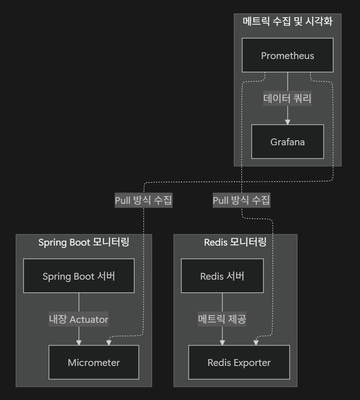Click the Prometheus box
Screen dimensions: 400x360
(287, 55)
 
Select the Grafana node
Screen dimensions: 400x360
(287, 142)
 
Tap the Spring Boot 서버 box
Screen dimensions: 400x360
(79, 276)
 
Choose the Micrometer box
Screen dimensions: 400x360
(94, 362)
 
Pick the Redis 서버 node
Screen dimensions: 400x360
(222, 276)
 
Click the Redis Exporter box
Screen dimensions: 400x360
(239, 362)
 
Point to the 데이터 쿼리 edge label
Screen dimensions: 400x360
(287, 98)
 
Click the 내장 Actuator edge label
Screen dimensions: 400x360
(79, 319)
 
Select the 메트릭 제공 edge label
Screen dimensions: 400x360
(222, 319)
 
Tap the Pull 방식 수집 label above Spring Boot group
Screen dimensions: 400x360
(144, 200)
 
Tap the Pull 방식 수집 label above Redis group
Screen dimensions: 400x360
(241, 200)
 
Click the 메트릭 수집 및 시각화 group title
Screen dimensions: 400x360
(287, 21)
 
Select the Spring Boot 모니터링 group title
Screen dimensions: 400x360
(84, 242)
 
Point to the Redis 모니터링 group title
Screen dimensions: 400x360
(235, 242)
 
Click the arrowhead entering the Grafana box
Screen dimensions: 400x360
(287, 122)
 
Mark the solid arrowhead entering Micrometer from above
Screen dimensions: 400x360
(79, 342)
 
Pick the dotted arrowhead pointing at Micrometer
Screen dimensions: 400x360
(108, 341)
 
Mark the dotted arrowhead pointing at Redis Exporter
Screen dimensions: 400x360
(256, 341)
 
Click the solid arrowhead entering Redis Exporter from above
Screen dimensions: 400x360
(222, 342)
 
